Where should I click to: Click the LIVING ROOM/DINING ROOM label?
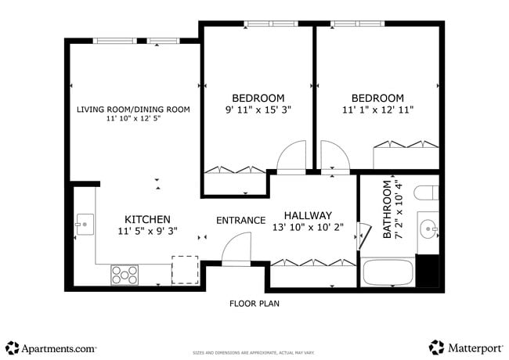[133, 109]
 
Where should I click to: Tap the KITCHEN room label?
[147, 219]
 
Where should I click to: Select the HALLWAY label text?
[308, 215]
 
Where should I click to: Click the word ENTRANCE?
[240, 220]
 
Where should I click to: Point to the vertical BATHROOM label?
[386, 209]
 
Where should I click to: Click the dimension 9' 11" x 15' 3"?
[258, 110]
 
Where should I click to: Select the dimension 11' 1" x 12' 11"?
[377, 110]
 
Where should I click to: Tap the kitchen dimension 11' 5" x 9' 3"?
[147, 232]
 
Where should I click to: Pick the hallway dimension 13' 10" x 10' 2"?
[308, 229]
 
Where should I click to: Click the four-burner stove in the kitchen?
[125, 274]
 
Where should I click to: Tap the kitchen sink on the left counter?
[83, 225]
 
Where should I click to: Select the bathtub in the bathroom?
[388, 272]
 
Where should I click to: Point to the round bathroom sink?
[427, 230]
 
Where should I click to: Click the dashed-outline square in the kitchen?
[185, 269]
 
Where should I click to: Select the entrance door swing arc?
[236, 252]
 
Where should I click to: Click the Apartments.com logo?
[51, 347]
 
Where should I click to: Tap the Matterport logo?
[465, 347]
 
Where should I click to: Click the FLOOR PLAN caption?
[254, 303]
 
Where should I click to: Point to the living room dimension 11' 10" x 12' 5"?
[133, 120]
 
